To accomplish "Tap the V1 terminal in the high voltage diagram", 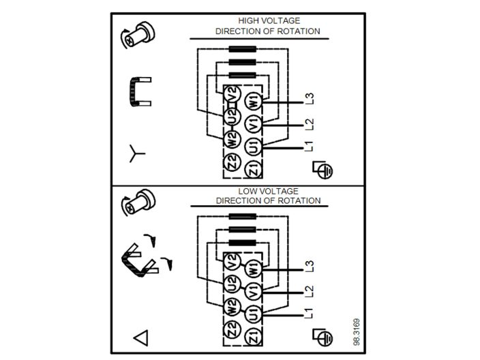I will tap(254, 125).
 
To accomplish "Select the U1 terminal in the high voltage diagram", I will tap(254, 146).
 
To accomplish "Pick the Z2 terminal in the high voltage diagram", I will tap(232, 163).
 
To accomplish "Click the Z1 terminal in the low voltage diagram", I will tap(254, 336).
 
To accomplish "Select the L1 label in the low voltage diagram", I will tap(310, 314).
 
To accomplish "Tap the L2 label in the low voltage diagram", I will tap(310, 290).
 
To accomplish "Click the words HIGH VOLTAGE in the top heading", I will tap(268, 21).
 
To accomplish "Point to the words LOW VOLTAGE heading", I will tap(268, 192).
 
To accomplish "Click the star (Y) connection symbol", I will tap(137, 154).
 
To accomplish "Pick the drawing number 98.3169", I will tap(357, 330).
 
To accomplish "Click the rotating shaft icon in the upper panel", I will tap(136, 34).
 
